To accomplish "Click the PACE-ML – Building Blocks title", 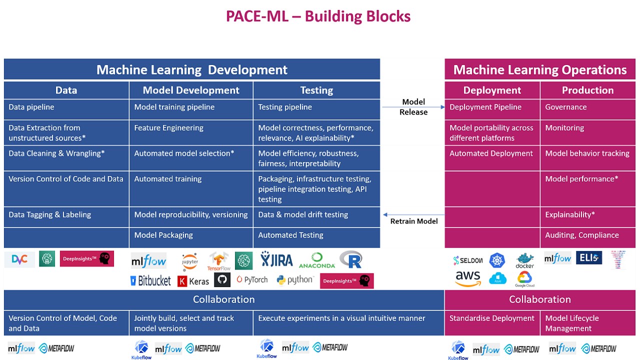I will tap(318, 16).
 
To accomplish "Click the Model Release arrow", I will tap(413, 107).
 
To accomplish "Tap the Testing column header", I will tap(316, 90).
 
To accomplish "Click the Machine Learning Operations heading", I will tap(540, 70).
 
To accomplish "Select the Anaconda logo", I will tap(317, 260).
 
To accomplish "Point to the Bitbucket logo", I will tap(150, 280).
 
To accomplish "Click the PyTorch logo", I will tap(252, 280).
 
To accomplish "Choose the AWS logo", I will tap(468, 279).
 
